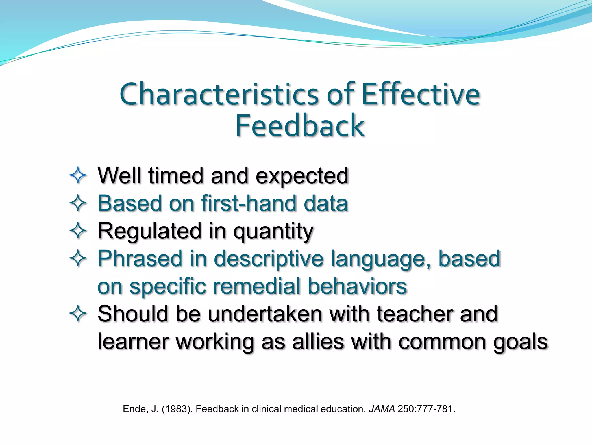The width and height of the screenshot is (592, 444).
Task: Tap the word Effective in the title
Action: point(421,94)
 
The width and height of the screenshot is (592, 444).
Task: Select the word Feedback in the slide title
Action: point(300,126)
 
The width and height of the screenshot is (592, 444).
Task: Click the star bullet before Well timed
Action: point(78,175)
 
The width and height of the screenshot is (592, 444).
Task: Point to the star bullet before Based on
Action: point(78,203)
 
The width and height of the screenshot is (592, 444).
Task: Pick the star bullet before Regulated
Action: point(78,231)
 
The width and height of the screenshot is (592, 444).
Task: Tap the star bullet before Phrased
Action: point(78,258)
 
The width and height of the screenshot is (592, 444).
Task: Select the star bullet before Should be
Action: point(78,314)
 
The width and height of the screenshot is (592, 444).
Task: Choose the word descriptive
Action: point(269,259)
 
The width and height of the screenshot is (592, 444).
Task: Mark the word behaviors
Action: point(357,286)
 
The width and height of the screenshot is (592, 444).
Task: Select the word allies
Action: point(318,342)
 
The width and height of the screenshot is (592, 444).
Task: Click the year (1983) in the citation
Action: point(177,409)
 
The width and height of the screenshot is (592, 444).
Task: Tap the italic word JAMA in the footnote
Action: point(382,409)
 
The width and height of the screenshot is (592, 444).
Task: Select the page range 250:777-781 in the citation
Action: point(426,409)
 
